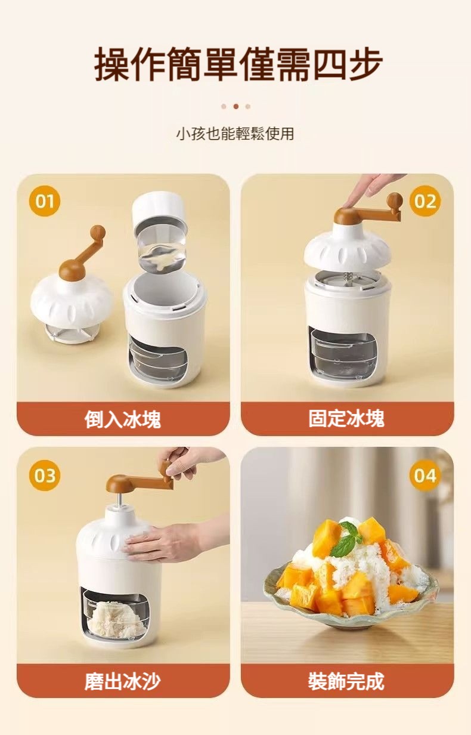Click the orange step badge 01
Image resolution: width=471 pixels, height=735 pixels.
point(45,201)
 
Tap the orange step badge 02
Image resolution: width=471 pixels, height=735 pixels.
point(425,201)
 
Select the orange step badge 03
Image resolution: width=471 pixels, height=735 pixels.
point(45,475)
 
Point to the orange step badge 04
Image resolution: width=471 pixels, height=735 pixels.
point(425,475)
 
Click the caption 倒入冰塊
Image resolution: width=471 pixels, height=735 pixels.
point(123,419)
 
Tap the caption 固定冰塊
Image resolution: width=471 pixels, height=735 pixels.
point(346,418)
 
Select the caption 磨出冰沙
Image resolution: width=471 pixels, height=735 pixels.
point(123,681)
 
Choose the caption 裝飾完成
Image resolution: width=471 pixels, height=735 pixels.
point(346,681)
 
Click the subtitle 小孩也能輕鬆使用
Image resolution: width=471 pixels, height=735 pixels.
point(235,134)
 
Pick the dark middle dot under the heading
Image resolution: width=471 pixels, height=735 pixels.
point(236,107)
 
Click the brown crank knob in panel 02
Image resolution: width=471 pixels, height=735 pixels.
point(395,200)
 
